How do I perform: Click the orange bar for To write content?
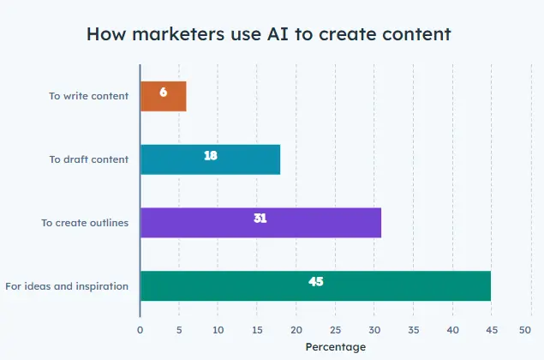[163, 97]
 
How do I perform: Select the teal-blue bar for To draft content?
[210, 159]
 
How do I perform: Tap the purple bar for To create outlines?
[260, 223]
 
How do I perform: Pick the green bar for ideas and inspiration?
[315, 285]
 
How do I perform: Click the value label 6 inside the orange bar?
[163, 92]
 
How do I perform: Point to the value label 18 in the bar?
[210, 155]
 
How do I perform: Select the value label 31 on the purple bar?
[260, 219]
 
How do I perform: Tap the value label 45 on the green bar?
[315, 281]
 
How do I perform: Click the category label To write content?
[89, 96]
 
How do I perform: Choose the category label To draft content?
[89, 159]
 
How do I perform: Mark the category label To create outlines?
[85, 223]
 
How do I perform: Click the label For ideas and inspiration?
[67, 285]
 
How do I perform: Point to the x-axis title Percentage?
[335, 346]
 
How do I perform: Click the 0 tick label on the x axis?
[140, 328]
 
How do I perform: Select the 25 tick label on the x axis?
[335, 328]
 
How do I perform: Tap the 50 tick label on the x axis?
[525, 328]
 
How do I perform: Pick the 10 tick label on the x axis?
[218, 328]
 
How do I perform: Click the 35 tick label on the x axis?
[413, 328]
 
